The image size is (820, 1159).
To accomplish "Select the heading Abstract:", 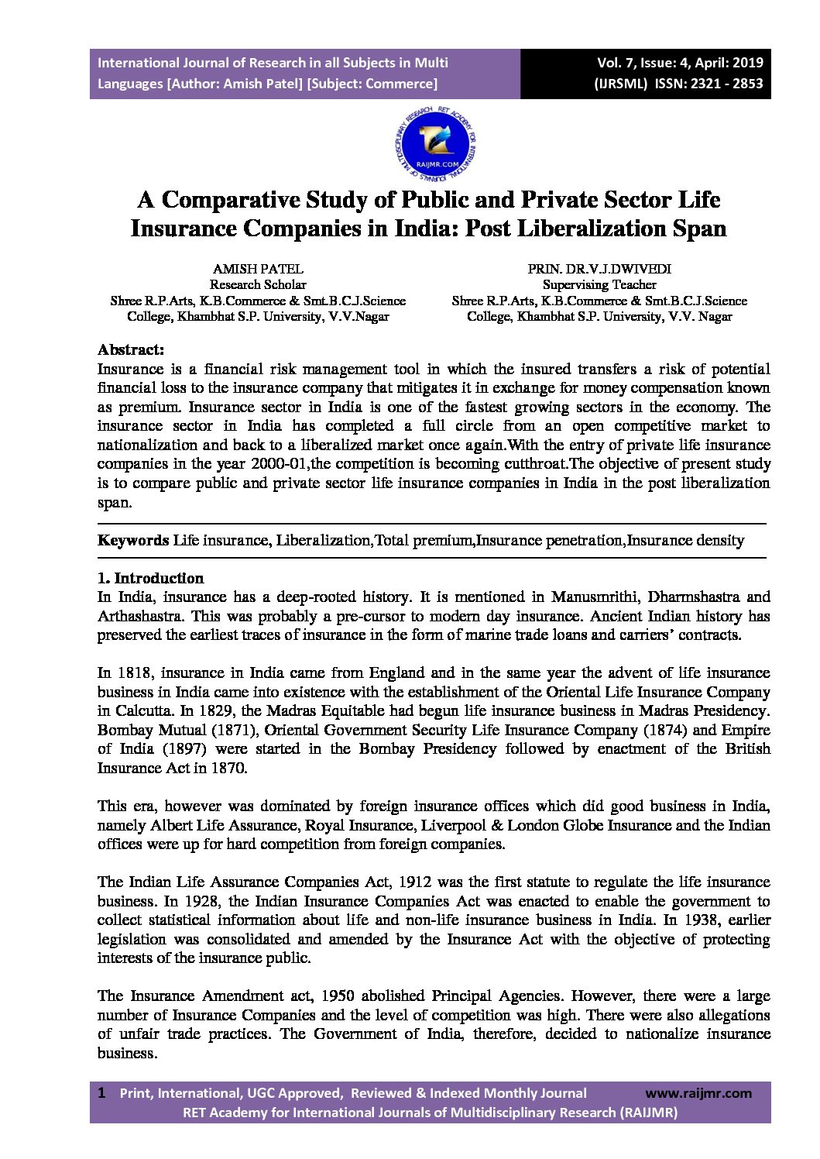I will tap(131, 349).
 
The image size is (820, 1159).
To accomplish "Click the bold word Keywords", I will tap(133, 540).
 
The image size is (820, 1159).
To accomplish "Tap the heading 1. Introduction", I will tap(150, 578).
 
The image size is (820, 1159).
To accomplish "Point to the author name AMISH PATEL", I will tap(258, 269).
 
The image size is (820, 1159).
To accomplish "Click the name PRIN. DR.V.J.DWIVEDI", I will tap(599, 269).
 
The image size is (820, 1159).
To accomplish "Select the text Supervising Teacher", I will tap(599, 284).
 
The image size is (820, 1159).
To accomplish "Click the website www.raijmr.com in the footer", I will tap(698, 1093).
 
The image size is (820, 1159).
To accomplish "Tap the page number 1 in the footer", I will tap(101, 1093).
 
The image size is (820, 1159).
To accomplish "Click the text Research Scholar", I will tap(258, 284).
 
